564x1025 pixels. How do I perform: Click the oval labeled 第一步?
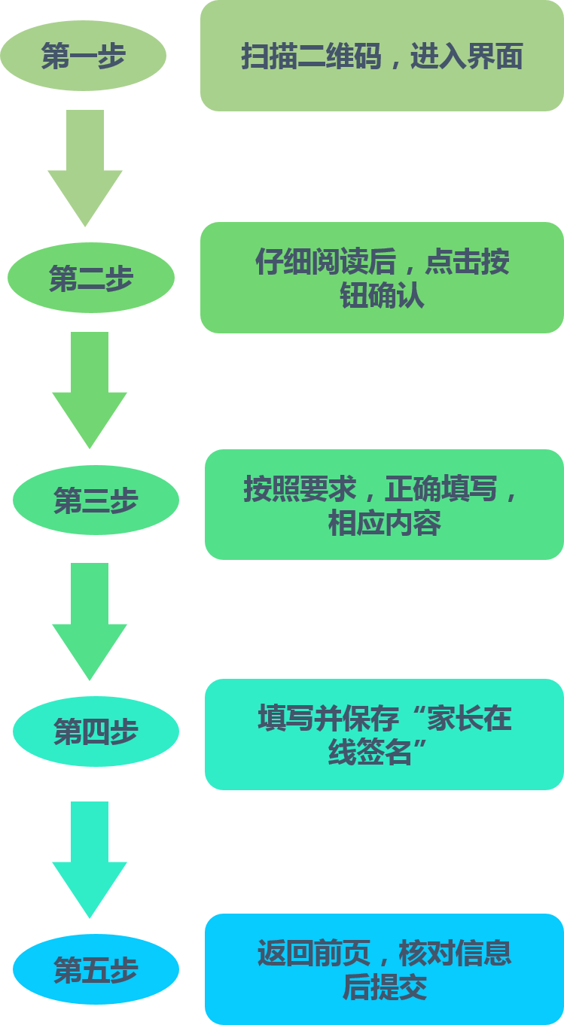coord(83,56)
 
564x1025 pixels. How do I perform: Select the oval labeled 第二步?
coord(91,278)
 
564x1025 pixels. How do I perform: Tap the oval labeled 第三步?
coord(96,500)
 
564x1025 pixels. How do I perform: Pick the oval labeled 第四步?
coord(96,731)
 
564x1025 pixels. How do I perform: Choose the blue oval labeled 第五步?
coord(96,969)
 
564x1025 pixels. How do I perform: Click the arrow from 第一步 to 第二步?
coord(85,166)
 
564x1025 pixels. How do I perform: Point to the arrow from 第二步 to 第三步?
coord(90,388)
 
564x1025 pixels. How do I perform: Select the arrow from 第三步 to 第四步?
coord(90,619)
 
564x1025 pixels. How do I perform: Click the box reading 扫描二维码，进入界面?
coord(382,56)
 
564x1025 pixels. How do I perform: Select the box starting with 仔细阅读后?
coord(382,278)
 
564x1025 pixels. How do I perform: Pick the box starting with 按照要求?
coord(384,505)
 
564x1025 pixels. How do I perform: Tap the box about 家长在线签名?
coord(384,735)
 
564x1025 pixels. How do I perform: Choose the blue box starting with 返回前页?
coord(384,969)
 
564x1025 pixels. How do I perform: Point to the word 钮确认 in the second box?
coord(382,295)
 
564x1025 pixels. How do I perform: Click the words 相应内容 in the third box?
coord(384,523)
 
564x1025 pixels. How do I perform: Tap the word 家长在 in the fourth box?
coord(469,719)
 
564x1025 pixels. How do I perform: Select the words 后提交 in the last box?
coord(384,987)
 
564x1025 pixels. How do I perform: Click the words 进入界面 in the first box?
coord(466,57)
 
